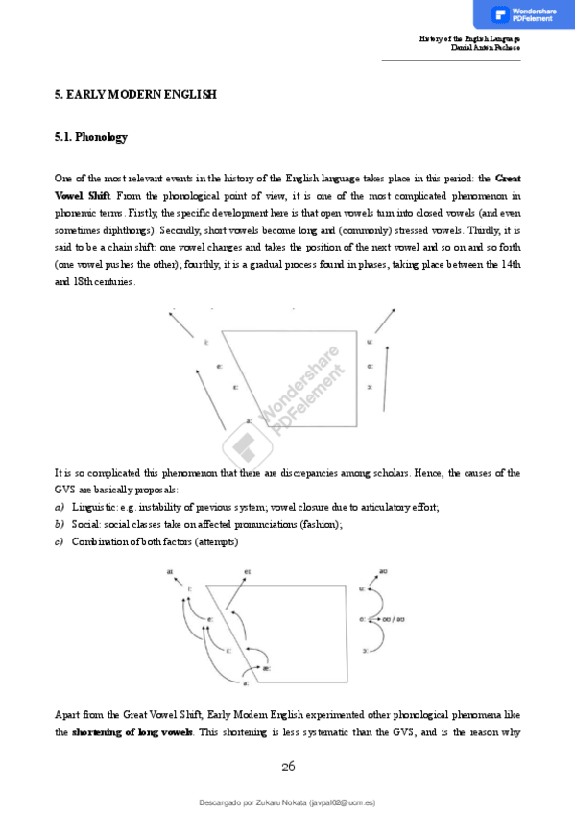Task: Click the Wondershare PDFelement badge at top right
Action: (x=524, y=14)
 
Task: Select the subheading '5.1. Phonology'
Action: (x=91, y=137)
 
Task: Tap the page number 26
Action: (x=288, y=766)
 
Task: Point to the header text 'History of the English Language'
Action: (x=469, y=38)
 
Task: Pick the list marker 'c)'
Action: (x=60, y=542)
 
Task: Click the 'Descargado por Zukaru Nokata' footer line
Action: (x=287, y=801)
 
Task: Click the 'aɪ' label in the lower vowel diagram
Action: (x=170, y=572)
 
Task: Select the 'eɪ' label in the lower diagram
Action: (x=247, y=572)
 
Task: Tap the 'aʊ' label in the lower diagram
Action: (x=382, y=571)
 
